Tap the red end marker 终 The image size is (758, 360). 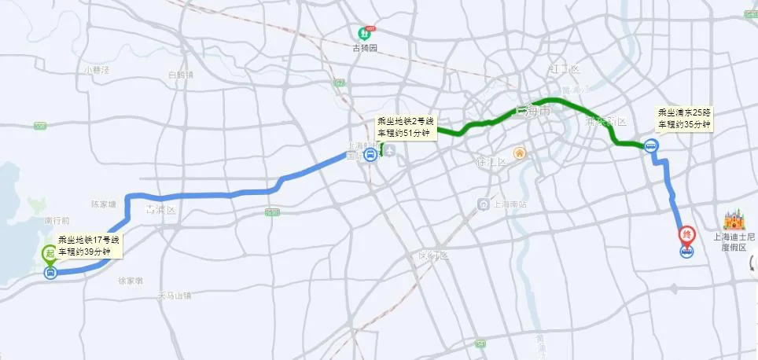[x=686, y=233]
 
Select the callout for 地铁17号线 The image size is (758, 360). [x=89, y=245]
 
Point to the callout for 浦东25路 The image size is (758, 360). [x=684, y=119]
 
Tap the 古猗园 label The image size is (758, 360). [x=366, y=47]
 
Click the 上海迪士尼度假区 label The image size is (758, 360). [x=733, y=241]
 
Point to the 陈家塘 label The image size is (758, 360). [x=103, y=204]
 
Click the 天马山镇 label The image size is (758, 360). [x=174, y=296]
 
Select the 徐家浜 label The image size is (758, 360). [x=130, y=280]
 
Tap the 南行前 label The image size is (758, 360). [x=57, y=221]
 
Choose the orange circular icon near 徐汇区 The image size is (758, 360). [x=519, y=152]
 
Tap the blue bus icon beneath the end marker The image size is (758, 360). [x=686, y=252]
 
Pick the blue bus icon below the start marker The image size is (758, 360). [x=50, y=273]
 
